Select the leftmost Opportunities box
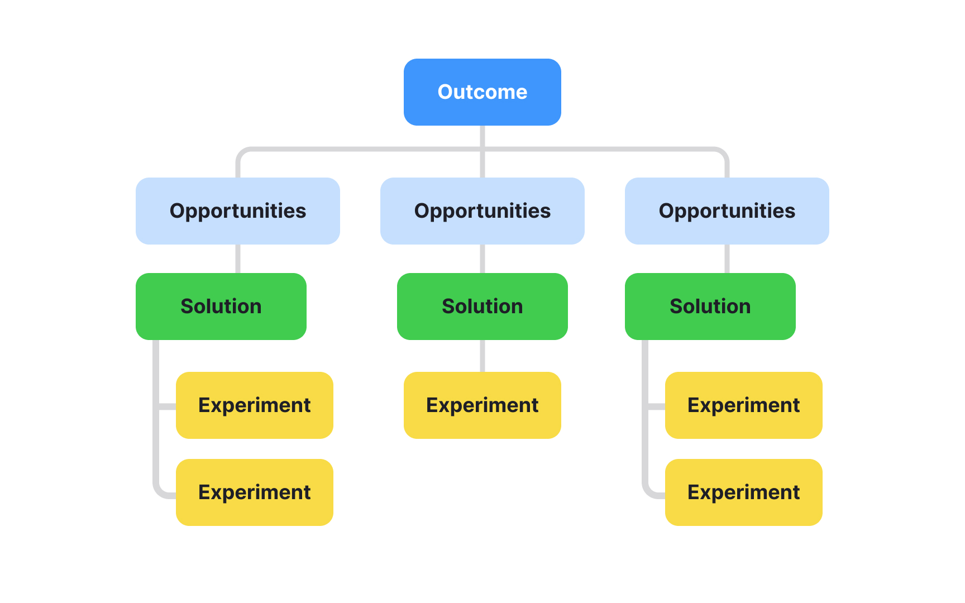tap(237, 211)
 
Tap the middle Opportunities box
tap(482, 211)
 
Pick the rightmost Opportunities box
tap(727, 211)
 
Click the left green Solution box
tap(221, 307)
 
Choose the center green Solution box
tap(482, 307)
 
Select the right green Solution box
tap(710, 307)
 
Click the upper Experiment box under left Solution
tap(254, 405)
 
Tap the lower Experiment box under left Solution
tap(254, 492)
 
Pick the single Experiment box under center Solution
tap(482, 405)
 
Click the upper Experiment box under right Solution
tap(743, 405)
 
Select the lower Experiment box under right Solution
tap(743, 492)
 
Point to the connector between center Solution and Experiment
tap(482, 356)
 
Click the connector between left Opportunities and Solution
tap(238, 259)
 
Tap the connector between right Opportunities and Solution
tap(727, 259)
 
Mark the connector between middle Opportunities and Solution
tap(482, 259)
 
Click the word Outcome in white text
tap(482, 92)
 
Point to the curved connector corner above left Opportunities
tap(241, 152)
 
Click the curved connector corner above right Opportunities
tap(723, 152)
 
